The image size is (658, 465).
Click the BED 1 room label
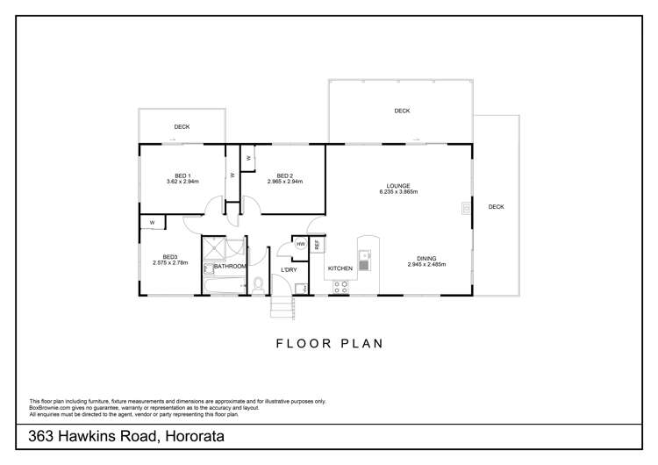coord(182,176)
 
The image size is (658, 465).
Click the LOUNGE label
coord(398,186)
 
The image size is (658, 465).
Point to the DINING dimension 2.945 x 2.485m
coord(426,264)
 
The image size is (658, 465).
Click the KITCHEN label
coord(340,268)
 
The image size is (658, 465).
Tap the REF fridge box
coord(318,245)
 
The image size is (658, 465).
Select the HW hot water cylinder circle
coord(300,245)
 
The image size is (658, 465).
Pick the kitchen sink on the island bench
coord(367,260)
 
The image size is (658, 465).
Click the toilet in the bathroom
coord(258,284)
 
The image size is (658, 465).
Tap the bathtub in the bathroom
coord(225,284)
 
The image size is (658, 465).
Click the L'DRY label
coord(289,269)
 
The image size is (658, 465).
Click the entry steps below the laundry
coord(281,307)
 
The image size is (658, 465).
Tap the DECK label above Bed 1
coord(182,127)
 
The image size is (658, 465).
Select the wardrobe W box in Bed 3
coord(152,223)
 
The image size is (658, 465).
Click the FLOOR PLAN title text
coord(329,344)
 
